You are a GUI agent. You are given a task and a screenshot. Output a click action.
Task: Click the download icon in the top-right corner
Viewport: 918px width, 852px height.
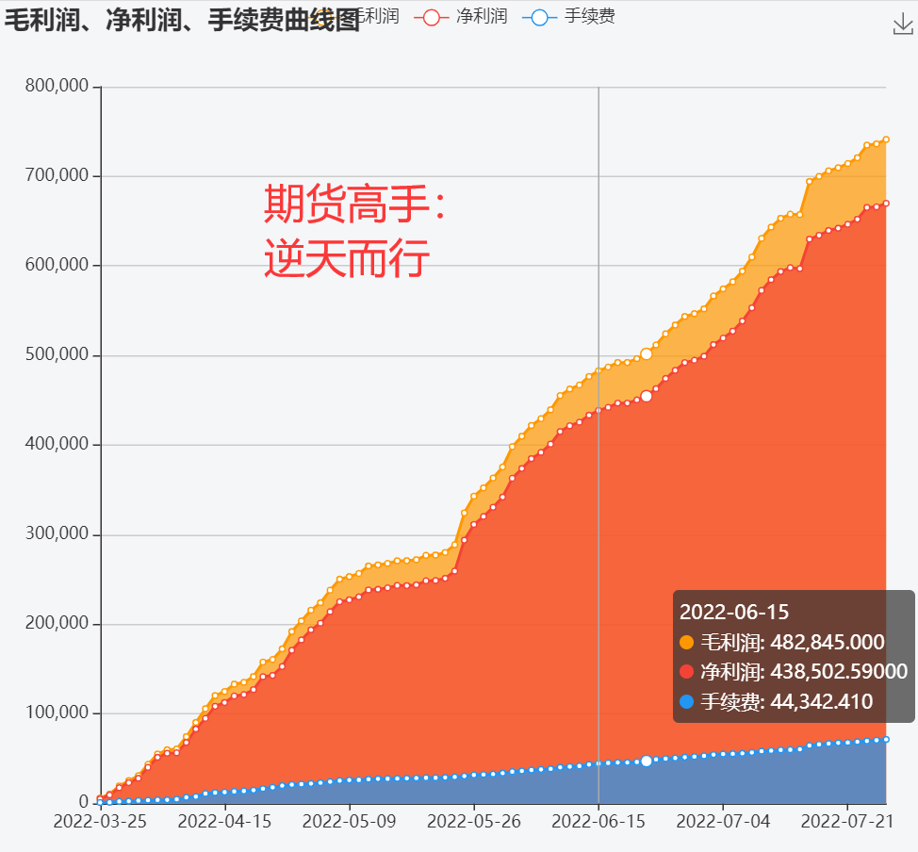pos(903,25)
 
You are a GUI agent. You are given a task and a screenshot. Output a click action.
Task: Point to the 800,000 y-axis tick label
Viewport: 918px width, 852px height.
pos(57,87)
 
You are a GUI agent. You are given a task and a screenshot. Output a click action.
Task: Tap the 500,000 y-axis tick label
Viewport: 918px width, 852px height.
pos(57,355)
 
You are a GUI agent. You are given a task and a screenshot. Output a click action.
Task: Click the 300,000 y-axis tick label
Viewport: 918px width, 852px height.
pos(57,534)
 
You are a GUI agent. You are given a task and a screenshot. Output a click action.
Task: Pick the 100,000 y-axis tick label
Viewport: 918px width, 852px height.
pos(57,713)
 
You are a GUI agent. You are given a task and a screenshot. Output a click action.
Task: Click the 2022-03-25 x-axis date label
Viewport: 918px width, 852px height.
pos(100,822)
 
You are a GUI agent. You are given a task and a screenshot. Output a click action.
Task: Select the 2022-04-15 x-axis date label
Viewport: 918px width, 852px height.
pos(224,822)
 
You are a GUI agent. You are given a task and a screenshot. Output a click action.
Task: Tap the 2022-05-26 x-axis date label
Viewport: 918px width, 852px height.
pos(474,822)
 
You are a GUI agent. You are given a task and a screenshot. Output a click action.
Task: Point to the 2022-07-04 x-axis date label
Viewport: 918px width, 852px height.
pos(723,822)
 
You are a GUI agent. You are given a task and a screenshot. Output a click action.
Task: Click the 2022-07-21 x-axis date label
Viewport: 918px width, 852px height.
pos(847,822)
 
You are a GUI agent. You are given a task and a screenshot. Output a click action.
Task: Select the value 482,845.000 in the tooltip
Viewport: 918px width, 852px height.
pos(828,643)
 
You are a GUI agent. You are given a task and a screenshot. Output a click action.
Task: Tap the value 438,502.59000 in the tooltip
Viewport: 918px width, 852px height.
pos(839,672)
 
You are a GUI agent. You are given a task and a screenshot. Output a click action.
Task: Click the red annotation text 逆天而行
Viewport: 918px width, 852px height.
pos(347,258)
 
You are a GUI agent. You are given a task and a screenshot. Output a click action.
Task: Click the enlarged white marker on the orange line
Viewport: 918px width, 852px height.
pos(647,354)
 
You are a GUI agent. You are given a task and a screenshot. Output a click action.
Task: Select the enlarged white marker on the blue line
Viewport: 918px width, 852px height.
pos(647,761)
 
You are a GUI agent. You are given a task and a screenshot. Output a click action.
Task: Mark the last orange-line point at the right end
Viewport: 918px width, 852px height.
pos(886,139)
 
